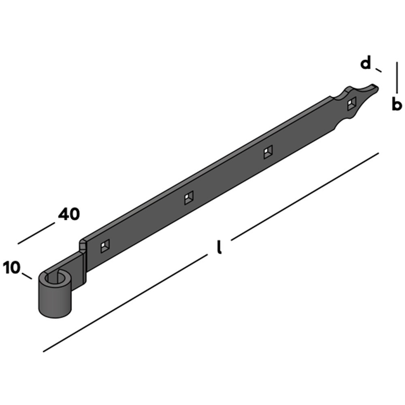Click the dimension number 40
[69, 214]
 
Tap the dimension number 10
[12, 267]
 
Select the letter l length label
[219, 247]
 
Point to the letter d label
[365, 63]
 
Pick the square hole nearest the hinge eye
[105, 246]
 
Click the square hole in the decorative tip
[352, 104]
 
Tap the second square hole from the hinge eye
[189, 198]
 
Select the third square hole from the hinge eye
[268, 152]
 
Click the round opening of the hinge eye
[55, 279]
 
